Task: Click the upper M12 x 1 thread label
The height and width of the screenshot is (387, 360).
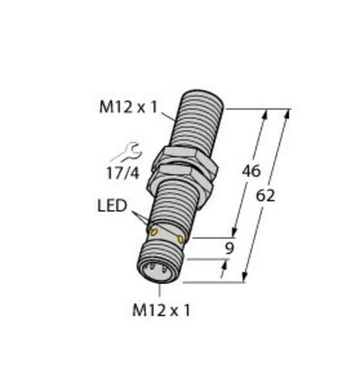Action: (129, 107)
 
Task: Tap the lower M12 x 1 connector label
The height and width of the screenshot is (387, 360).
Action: (161, 310)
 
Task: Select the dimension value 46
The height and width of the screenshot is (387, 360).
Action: (251, 171)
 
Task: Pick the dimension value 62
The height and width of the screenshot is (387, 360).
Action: (266, 195)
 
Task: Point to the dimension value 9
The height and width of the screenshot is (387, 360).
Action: (229, 248)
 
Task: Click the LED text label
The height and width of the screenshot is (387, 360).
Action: (112, 206)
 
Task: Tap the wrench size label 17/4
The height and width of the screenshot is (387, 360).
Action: (122, 173)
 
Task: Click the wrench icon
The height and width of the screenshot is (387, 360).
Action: (128, 152)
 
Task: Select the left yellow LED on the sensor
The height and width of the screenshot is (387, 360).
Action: (154, 232)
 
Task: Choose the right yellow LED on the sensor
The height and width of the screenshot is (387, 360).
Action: (180, 239)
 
